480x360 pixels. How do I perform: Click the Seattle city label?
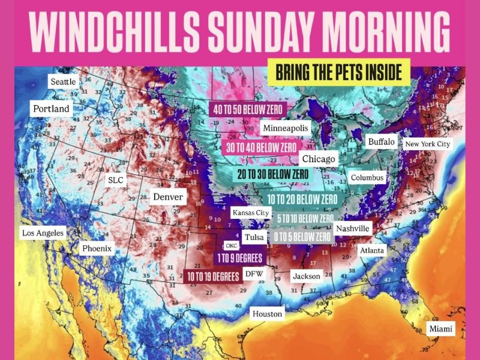coord(64,81)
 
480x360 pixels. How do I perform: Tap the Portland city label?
coord(51,109)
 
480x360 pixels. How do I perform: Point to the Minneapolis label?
coord(285,128)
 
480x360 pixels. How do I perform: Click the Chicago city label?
coord(319,159)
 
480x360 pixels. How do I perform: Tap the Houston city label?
coord(267,313)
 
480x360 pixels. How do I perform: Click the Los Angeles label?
coord(42,233)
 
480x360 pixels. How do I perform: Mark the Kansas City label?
coord(250,213)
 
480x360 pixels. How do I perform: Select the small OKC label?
coord(232,245)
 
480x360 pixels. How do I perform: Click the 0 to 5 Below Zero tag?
coord(302,238)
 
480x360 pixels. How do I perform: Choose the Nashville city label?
coord(353,229)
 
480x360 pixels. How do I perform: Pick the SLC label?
coord(115,180)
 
